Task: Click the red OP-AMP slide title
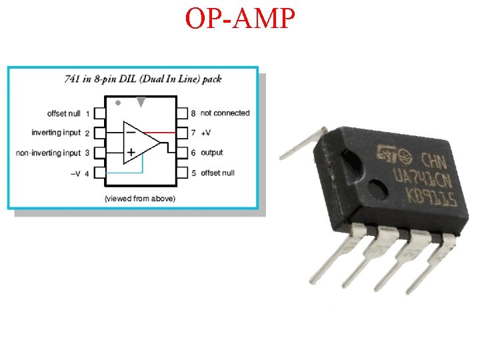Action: click(239, 19)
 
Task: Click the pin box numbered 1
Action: click(100, 113)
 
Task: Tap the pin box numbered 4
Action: click(100, 173)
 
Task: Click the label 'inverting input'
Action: click(56, 133)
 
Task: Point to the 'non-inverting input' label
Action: click(48, 153)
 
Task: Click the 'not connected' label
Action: click(225, 113)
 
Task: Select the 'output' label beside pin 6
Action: click(211, 153)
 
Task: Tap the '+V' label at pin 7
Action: click(207, 133)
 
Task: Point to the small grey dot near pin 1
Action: click(118, 103)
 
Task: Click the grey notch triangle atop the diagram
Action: click(141, 101)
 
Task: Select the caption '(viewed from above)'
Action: click(140, 199)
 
